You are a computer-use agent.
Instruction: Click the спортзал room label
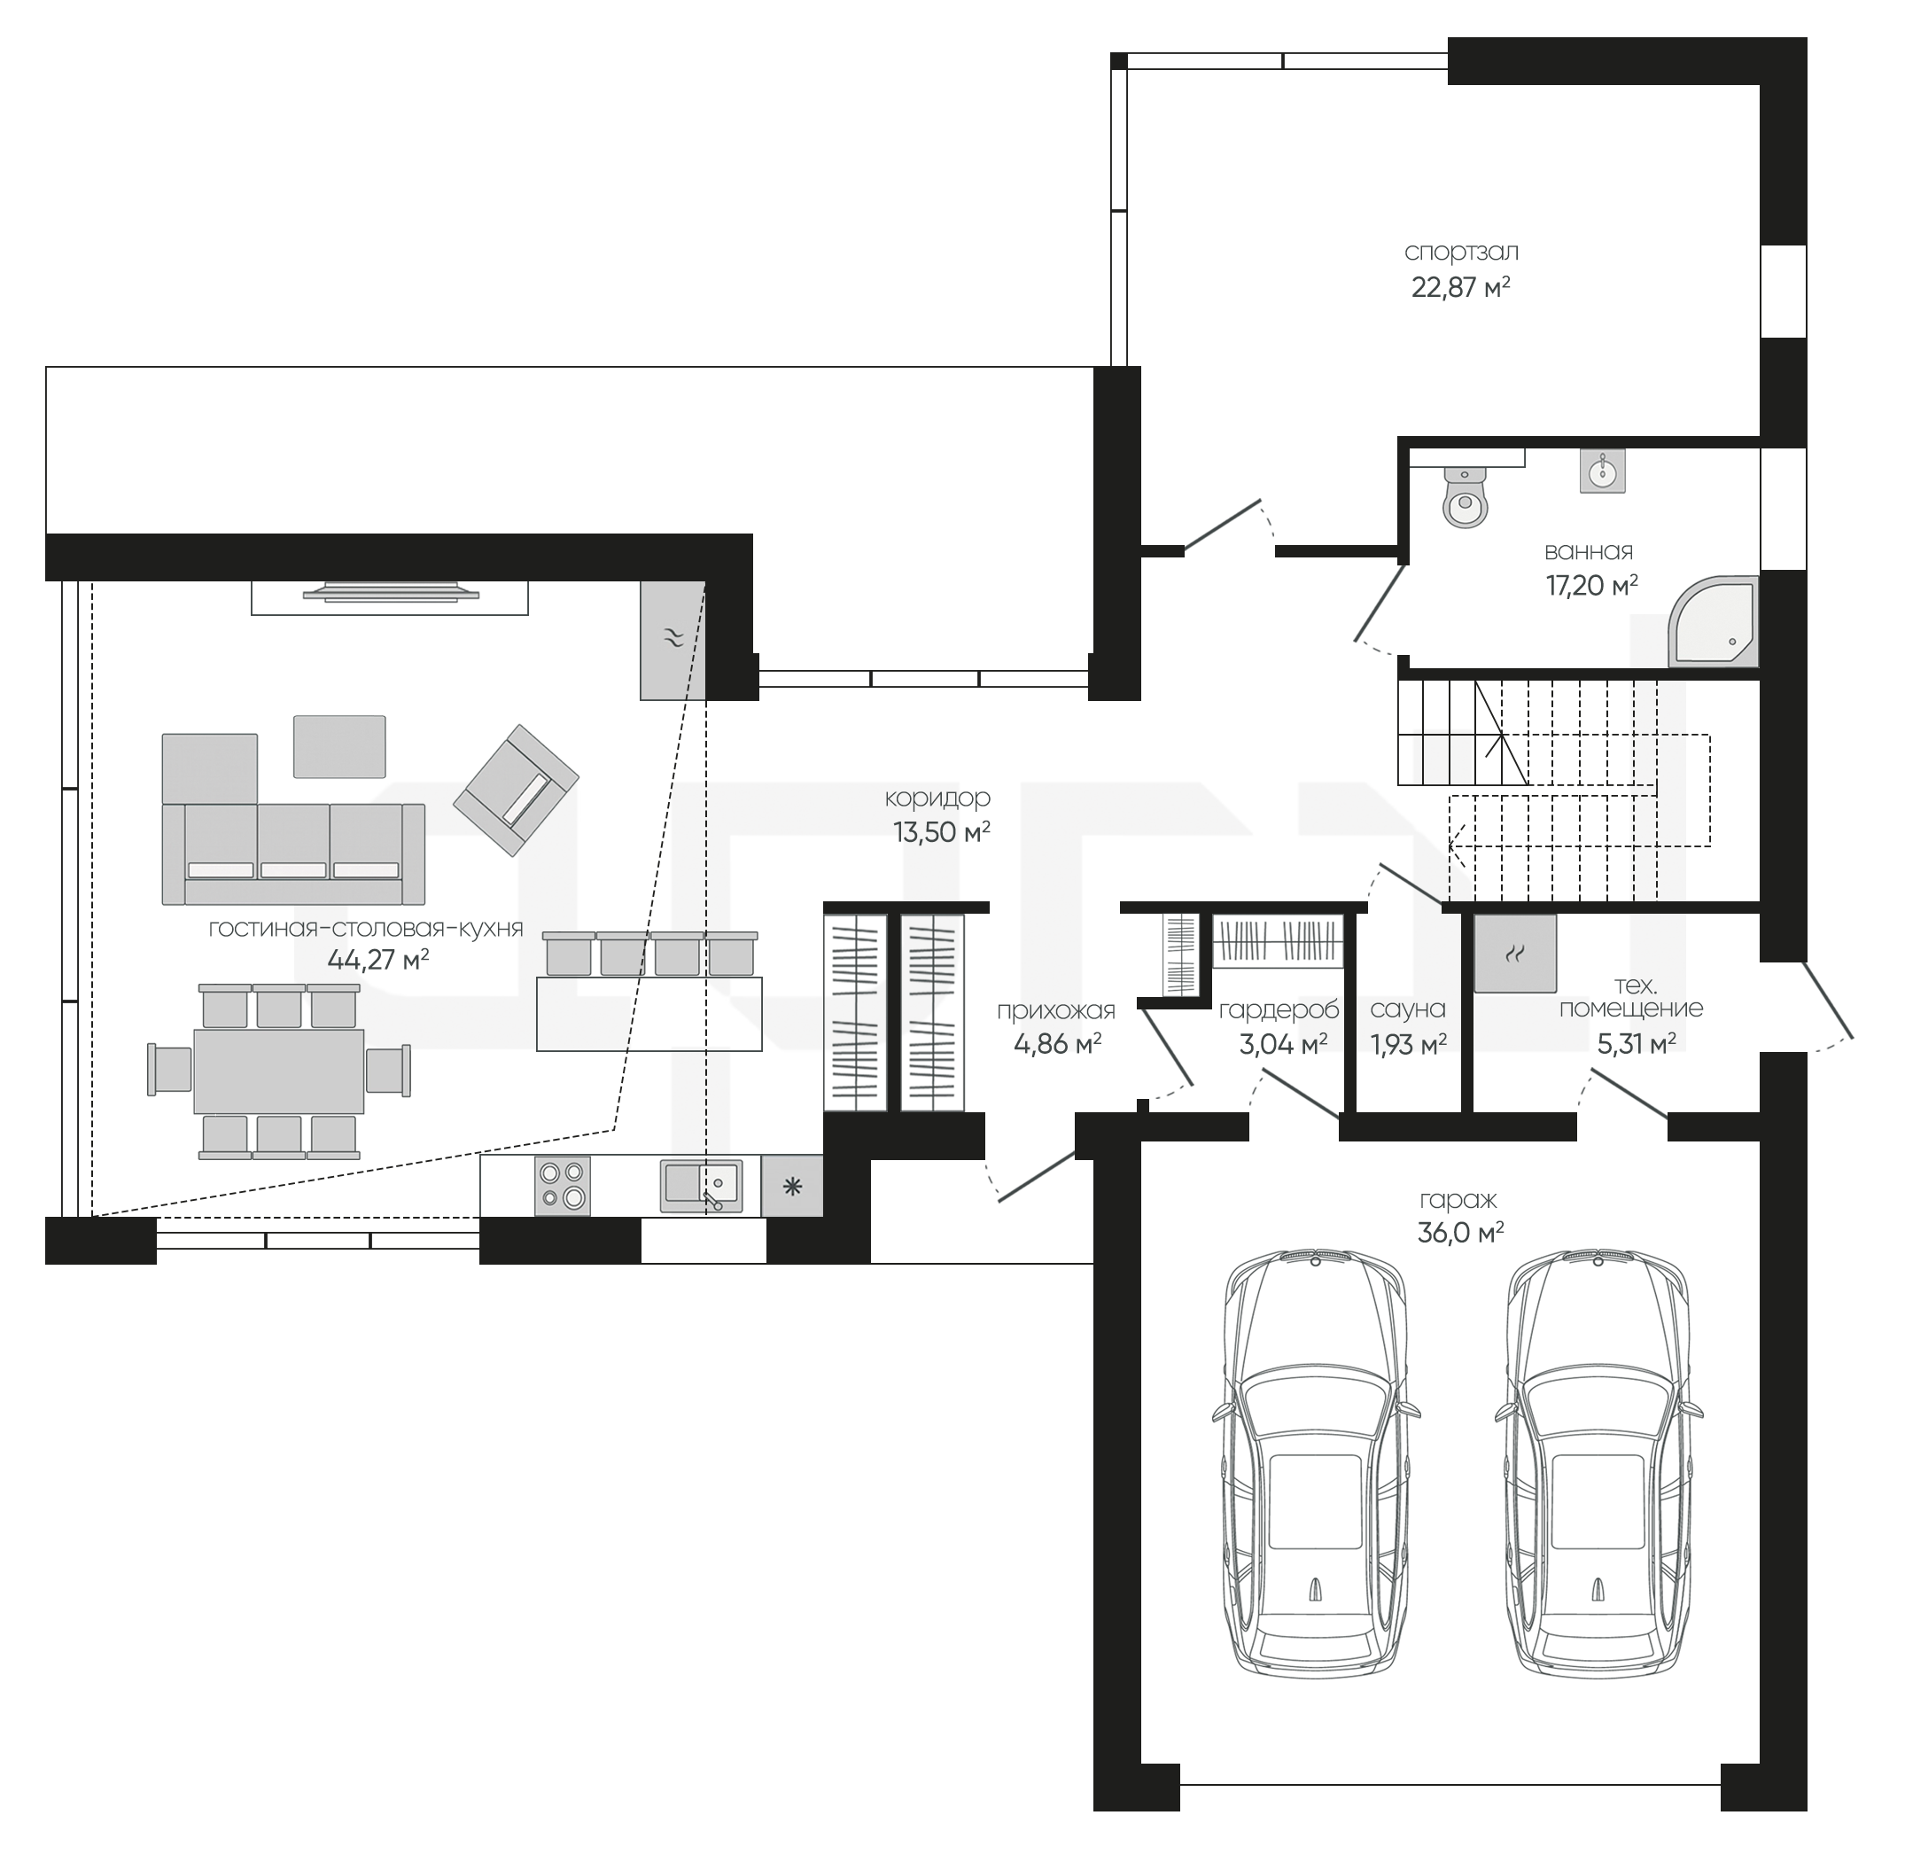[1461, 253]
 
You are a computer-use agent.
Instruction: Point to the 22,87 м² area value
[1461, 287]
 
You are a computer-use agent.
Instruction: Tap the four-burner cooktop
[563, 1187]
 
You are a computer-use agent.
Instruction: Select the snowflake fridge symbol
[792, 1188]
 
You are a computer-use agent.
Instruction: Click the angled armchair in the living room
[516, 791]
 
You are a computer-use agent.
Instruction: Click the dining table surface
[279, 1071]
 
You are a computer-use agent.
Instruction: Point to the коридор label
[937, 798]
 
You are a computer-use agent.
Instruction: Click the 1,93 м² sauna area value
[1408, 1045]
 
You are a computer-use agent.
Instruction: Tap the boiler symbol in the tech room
[1515, 954]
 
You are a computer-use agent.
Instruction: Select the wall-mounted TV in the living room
[390, 592]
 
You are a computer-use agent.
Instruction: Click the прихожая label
[1056, 1010]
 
